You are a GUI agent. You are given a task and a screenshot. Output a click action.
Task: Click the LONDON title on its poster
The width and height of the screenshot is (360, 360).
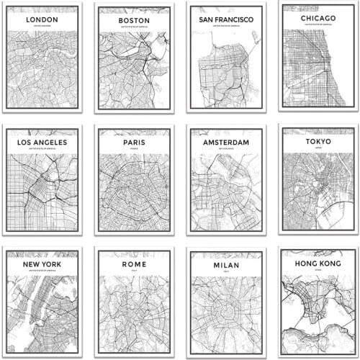click(42, 20)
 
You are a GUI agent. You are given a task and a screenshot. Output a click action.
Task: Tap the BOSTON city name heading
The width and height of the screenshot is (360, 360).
click(134, 21)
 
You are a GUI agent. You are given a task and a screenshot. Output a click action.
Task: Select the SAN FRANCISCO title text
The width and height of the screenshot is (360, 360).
click(226, 19)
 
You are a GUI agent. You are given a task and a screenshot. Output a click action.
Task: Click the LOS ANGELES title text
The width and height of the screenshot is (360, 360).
click(42, 142)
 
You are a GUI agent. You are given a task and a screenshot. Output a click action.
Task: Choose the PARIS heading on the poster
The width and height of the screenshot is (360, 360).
click(134, 142)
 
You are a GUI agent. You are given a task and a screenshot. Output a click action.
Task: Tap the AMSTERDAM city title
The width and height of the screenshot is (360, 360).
click(226, 143)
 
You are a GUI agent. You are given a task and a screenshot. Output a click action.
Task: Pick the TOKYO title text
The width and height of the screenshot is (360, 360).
click(317, 141)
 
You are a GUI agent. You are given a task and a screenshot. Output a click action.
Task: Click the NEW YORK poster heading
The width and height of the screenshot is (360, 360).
click(42, 264)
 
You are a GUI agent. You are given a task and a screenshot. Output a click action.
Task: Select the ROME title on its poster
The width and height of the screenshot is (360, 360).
click(134, 264)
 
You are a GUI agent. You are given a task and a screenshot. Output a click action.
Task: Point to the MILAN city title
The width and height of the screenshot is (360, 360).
click(226, 264)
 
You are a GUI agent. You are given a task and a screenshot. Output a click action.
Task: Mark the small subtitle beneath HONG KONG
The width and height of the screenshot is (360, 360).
click(317, 272)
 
